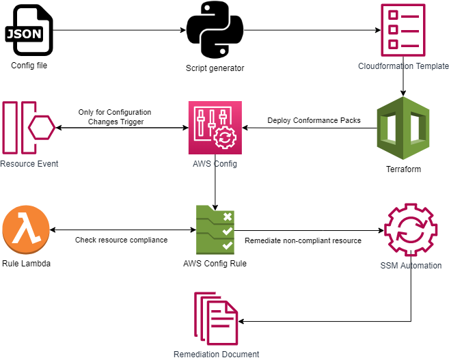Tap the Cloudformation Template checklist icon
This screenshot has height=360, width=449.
coord(403,29)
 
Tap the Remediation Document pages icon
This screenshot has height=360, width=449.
coord(216,318)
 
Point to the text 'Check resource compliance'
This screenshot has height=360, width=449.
coord(122,240)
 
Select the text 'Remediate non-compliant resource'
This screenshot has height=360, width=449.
coord(302,240)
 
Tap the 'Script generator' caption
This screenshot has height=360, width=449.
coord(215,68)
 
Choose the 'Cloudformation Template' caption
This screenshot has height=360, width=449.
coord(403,66)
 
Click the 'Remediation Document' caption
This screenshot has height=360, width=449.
coord(216,354)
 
